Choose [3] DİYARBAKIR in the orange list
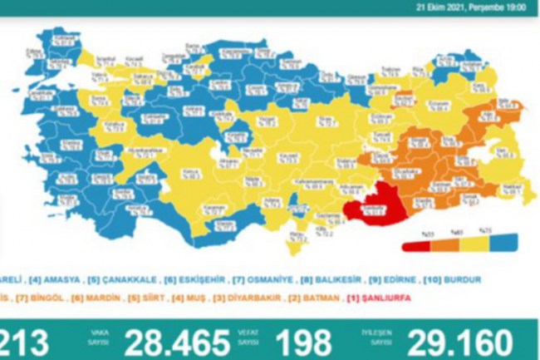click(258, 297)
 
